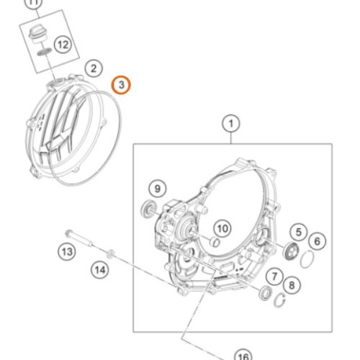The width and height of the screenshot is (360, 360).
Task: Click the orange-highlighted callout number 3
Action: coord(121,85)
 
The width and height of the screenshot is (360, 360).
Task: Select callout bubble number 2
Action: coord(94,68)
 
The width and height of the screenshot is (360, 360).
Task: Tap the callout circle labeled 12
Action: coord(63,45)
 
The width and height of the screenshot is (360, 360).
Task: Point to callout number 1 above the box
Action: coord(231,124)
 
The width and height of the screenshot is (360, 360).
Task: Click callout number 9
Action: coord(158,189)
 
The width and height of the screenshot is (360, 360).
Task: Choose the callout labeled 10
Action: coord(222,228)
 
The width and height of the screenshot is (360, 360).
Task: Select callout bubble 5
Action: coord(299,233)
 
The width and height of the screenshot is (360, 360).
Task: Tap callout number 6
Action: coord(318,241)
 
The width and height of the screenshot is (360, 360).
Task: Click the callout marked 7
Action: coord(274,276)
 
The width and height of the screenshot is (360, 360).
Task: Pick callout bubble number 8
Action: coord(292,285)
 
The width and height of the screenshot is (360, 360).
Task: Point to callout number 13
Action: coord(67,252)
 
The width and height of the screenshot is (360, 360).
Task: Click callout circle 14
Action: coord(100,270)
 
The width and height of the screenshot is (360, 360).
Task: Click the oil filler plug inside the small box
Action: coord(38,34)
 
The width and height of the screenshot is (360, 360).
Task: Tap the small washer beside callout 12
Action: coord(44,52)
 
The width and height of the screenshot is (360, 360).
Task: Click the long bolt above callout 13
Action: coord(78,238)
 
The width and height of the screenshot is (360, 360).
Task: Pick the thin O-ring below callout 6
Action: coord(307,258)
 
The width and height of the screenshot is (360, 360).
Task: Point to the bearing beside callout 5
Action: coord(290,251)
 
